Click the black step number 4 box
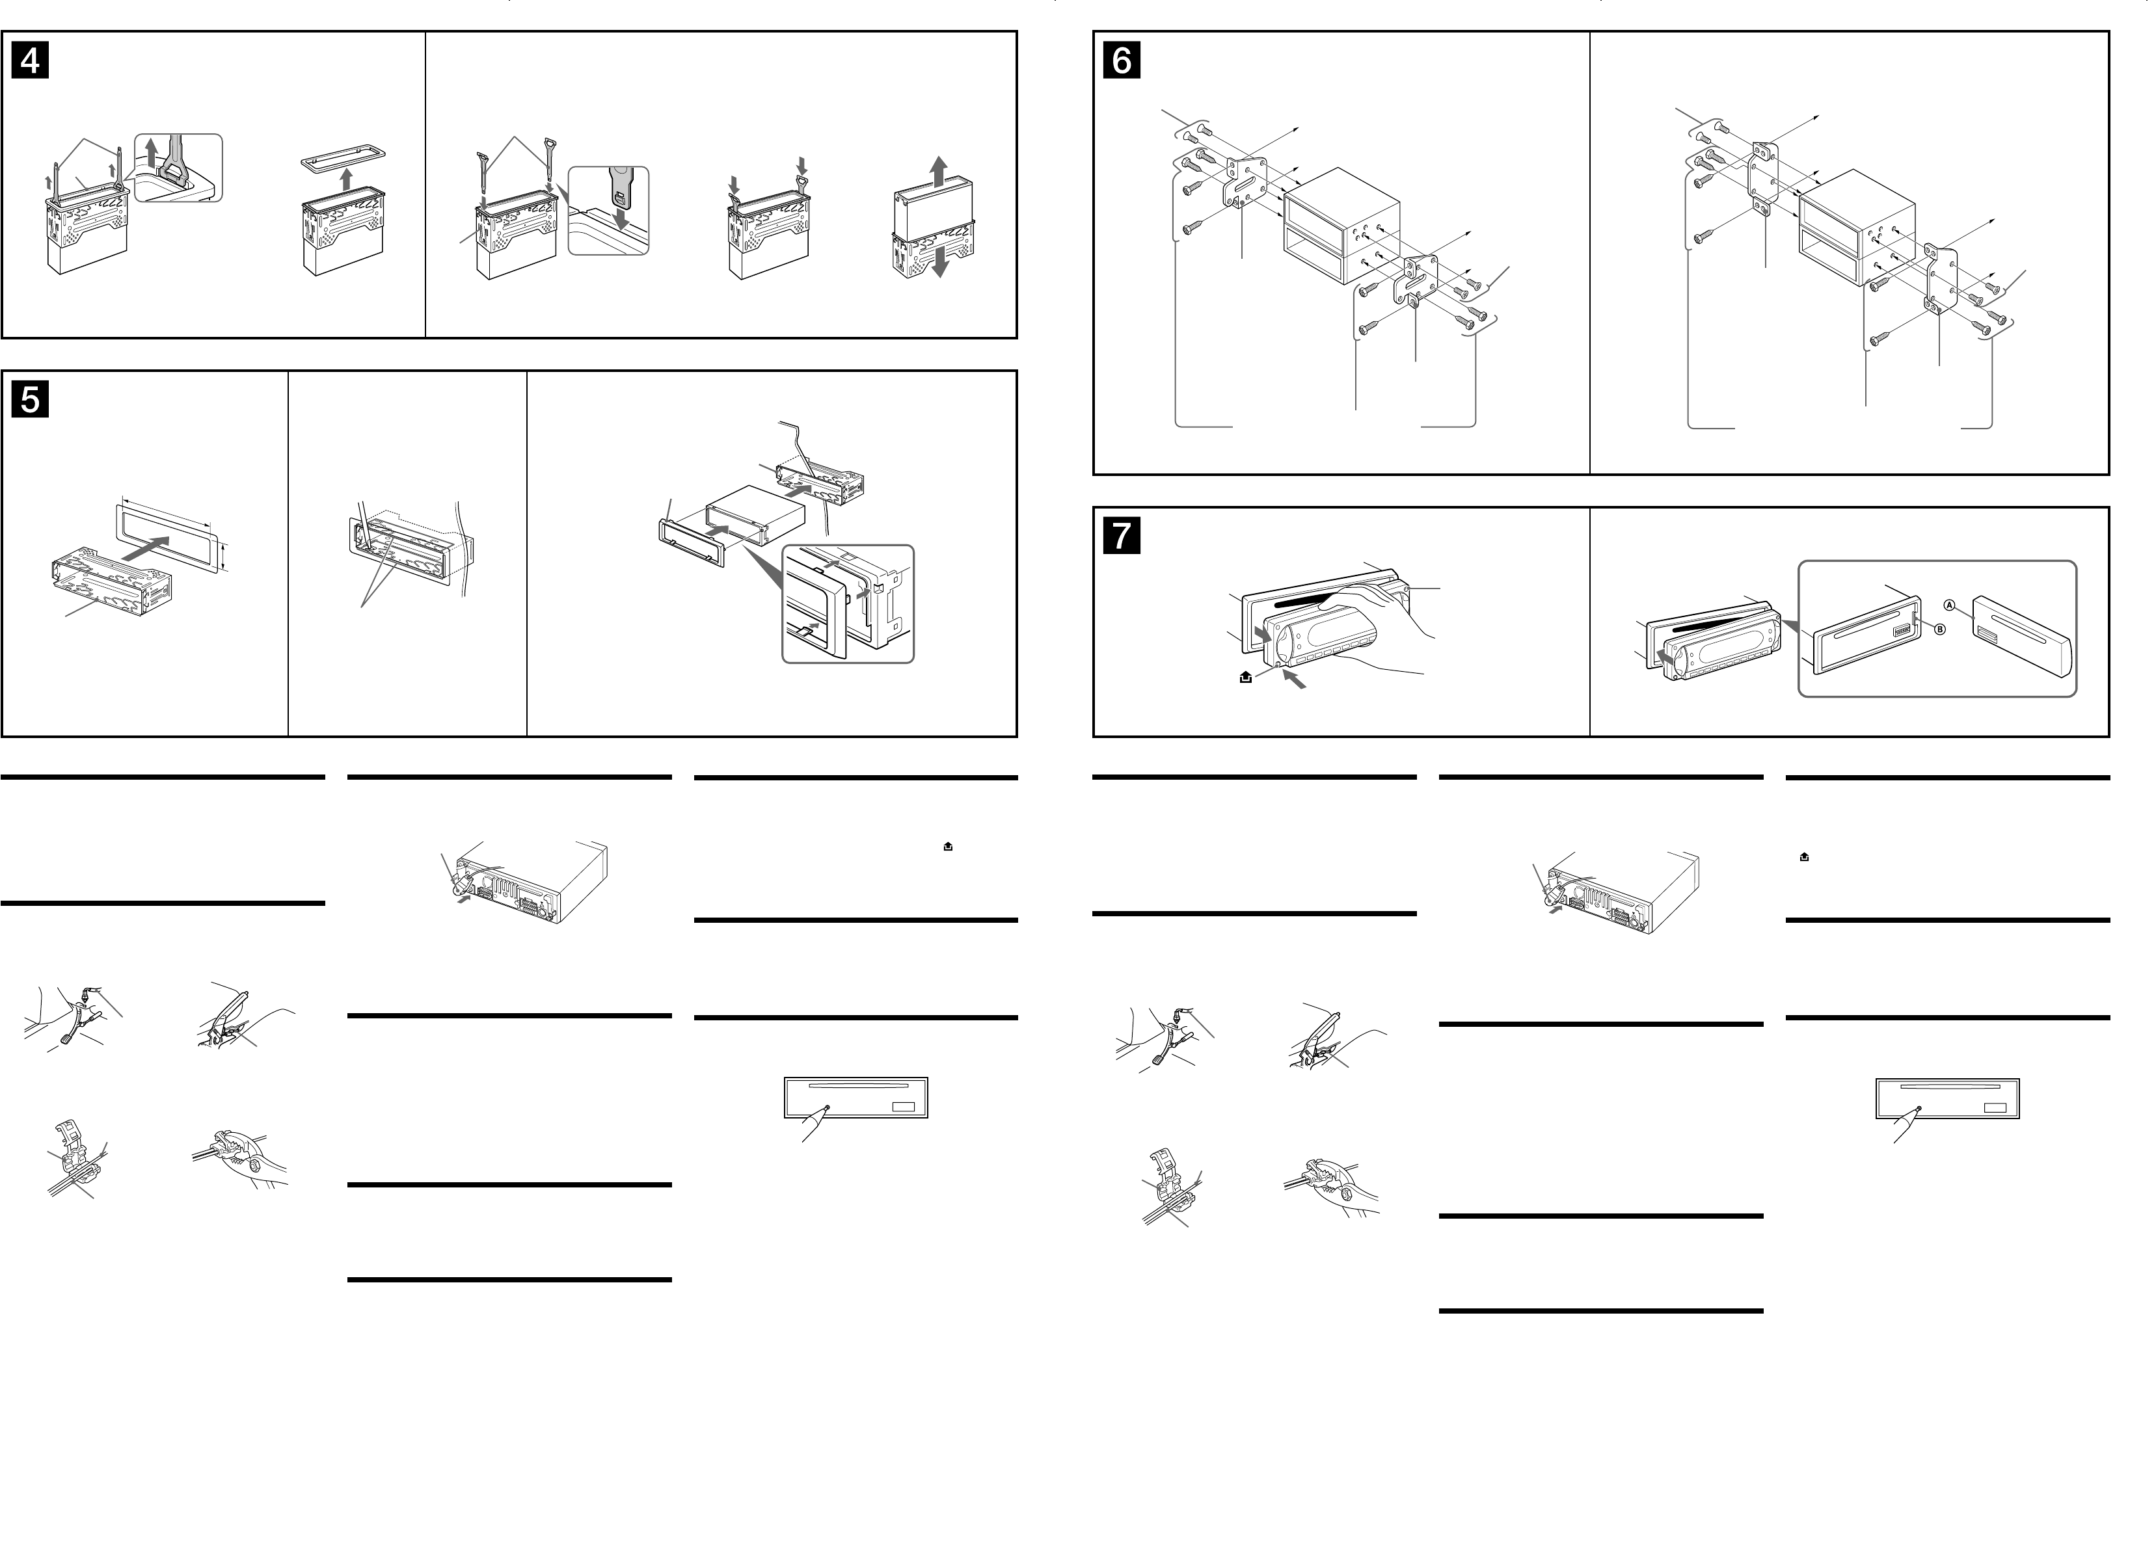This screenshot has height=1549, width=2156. pos(31,61)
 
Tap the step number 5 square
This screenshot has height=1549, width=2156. pos(31,400)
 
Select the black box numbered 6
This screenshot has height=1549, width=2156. pos(1122,61)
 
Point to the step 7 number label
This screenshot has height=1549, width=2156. pos(1122,536)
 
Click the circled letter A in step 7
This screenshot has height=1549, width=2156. pos(1948,605)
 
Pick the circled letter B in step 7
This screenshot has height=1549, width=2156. pos(1940,629)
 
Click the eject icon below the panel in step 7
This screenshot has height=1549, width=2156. pos(1245,678)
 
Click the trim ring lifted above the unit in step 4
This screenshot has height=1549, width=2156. pos(343,158)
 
